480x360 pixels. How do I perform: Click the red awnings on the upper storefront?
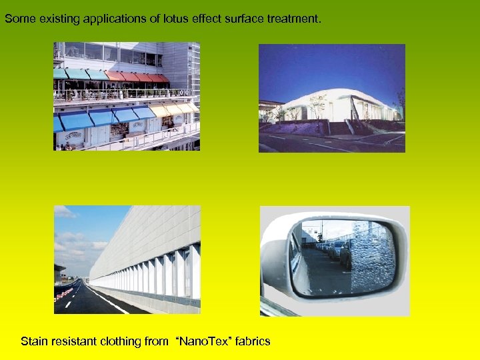(x=143, y=77)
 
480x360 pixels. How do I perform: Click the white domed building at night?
(x=333, y=100)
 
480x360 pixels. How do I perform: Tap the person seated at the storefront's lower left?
(x=67, y=146)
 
